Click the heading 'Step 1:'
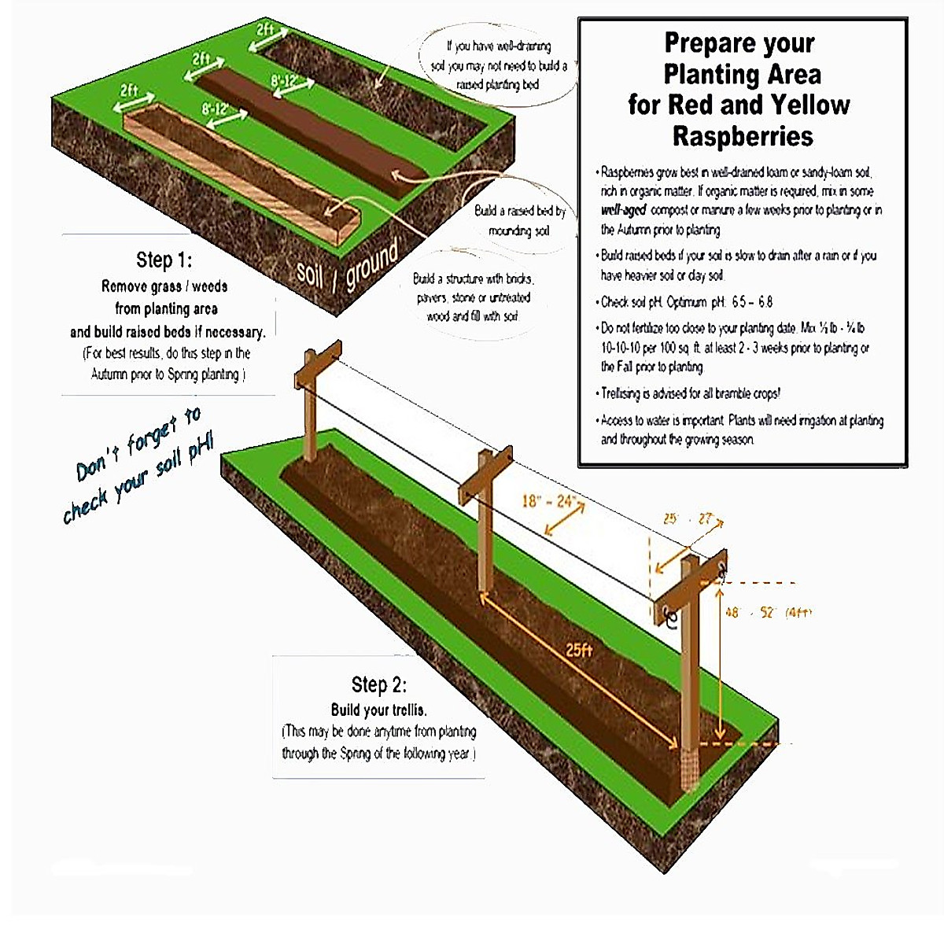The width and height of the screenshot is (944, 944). pos(164,260)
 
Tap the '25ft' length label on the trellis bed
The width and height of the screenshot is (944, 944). pos(579,650)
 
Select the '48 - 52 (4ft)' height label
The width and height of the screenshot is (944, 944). pos(768,612)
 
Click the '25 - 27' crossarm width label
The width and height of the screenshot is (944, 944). pos(687,519)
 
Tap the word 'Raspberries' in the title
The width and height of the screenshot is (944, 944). pos(743,136)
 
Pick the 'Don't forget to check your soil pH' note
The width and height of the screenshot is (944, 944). pos(138,466)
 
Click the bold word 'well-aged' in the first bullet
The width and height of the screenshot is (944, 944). pos(624,210)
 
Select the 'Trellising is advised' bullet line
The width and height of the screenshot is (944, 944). pos(690,393)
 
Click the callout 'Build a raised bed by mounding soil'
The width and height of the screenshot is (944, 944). pos(519,221)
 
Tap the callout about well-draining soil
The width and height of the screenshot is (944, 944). pos(499,65)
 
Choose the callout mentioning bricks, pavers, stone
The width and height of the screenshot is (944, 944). pos(473,297)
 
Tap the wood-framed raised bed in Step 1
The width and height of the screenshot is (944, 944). pos(236,169)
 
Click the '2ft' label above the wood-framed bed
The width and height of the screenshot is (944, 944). pos(129,92)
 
